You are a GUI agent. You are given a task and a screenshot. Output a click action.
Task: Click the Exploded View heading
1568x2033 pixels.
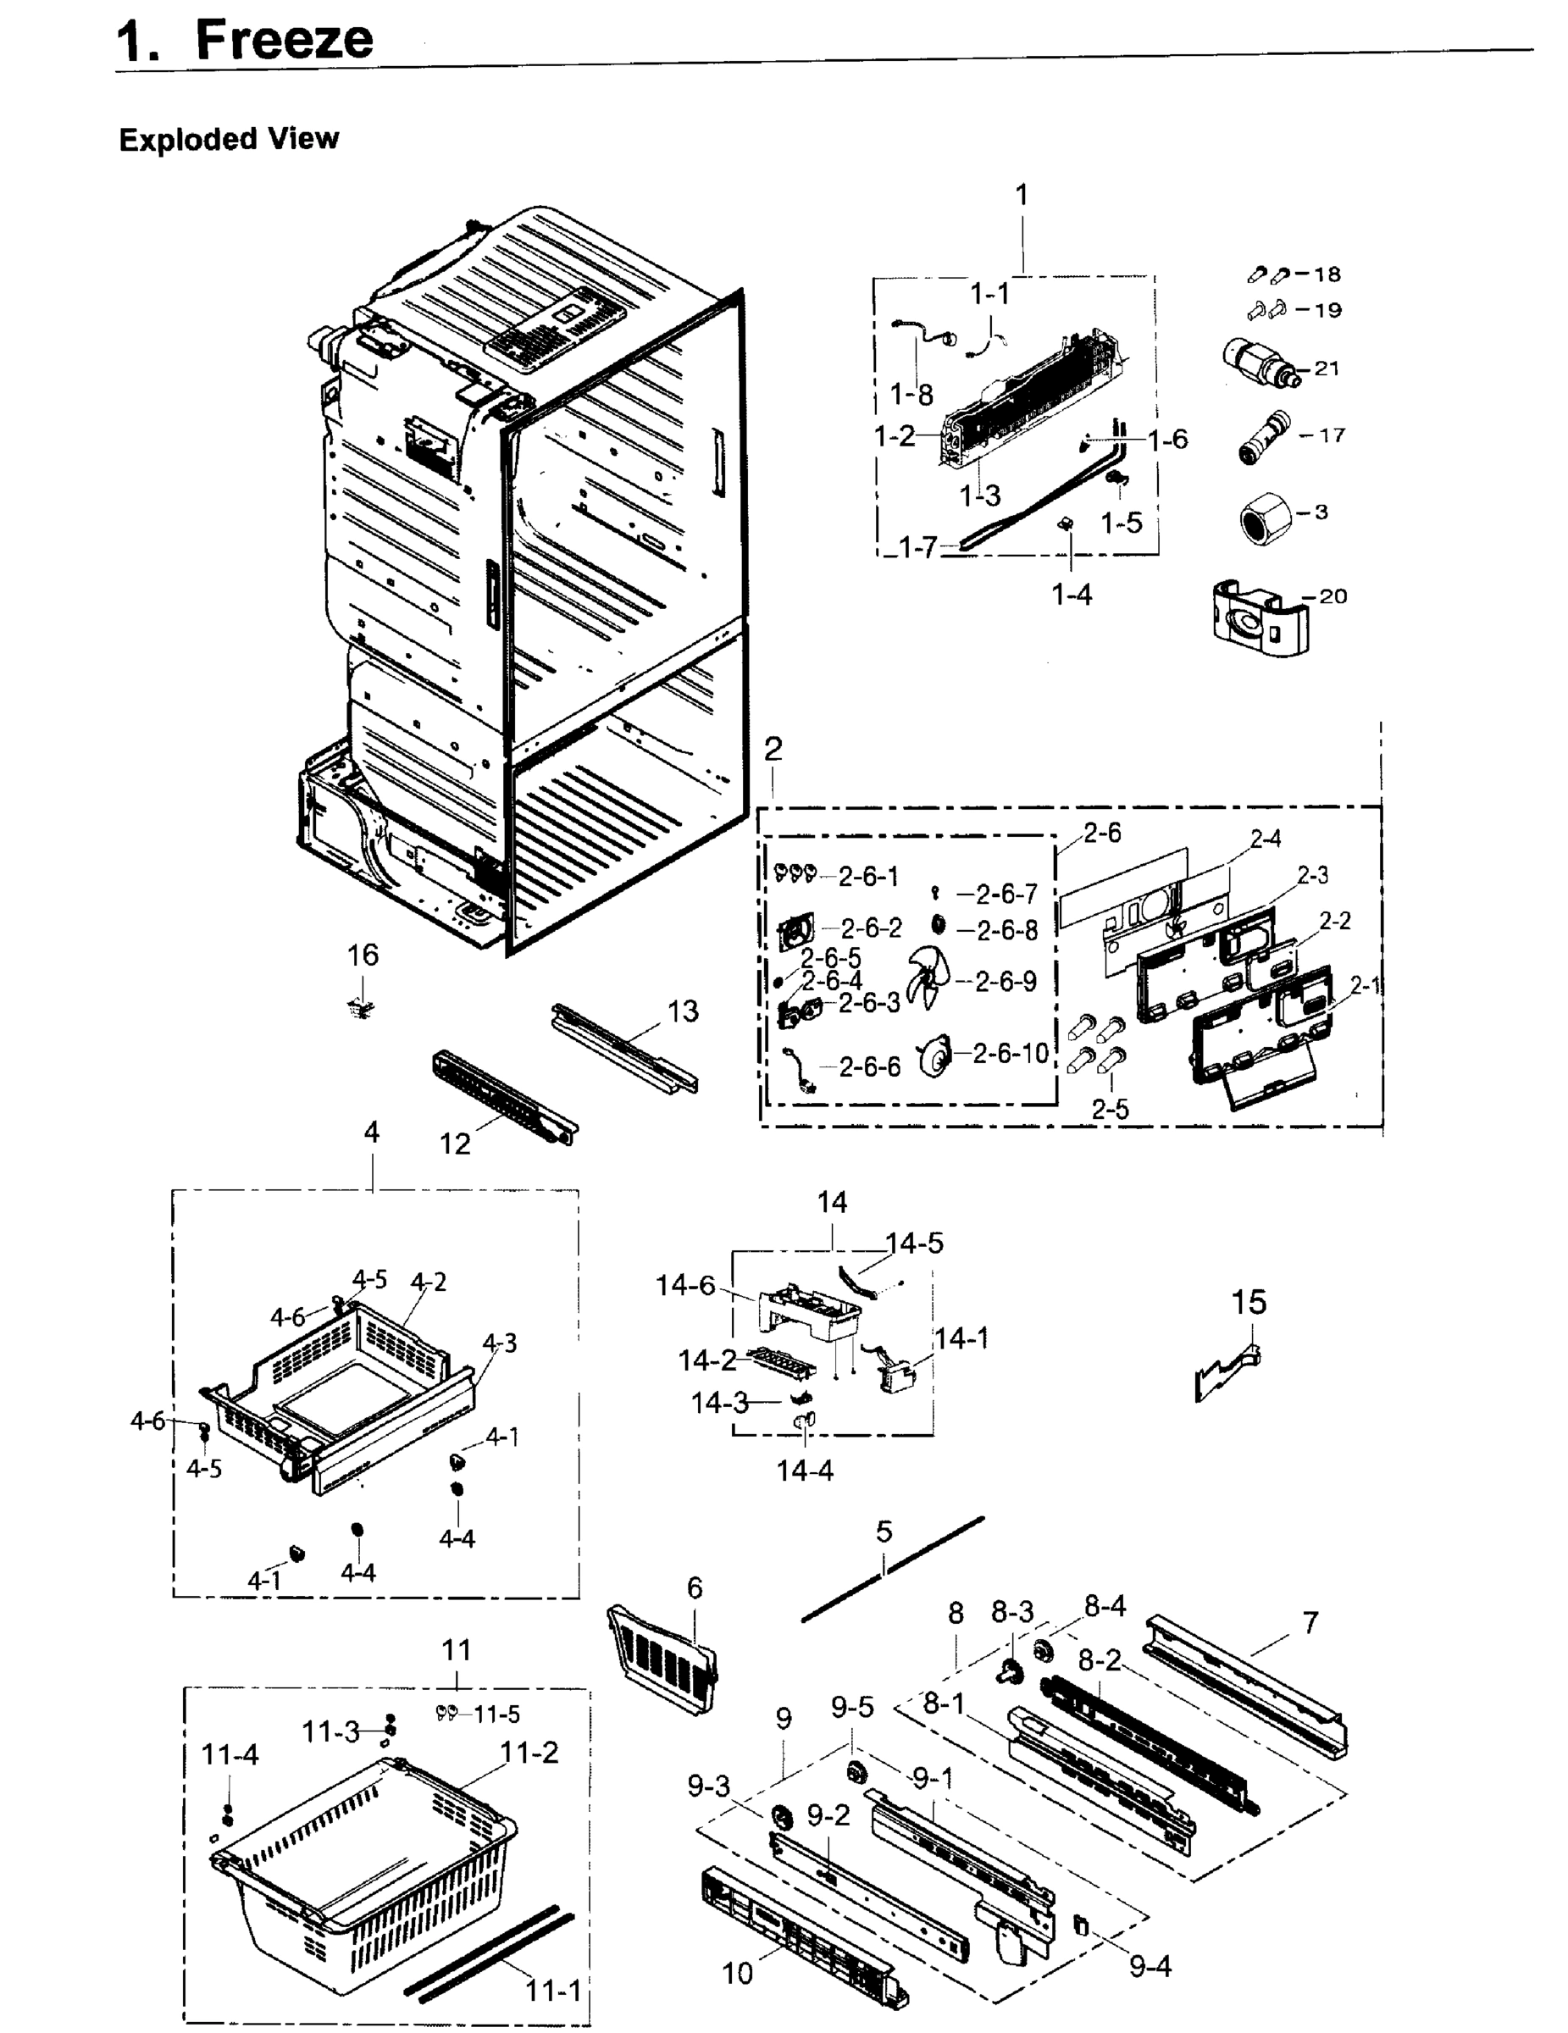(x=229, y=140)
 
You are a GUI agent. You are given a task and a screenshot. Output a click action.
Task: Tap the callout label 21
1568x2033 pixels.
(x=1327, y=368)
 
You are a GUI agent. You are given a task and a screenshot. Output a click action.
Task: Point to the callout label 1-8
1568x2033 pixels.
(x=911, y=395)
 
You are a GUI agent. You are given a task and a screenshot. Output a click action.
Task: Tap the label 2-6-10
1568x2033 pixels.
(x=1011, y=1053)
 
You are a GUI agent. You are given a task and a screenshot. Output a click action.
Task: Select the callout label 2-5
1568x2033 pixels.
(x=1110, y=1109)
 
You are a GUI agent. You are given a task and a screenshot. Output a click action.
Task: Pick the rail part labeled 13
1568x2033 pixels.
(x=623, y=1047)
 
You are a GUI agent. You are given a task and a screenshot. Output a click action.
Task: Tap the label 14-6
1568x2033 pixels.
(x=685, y=1286)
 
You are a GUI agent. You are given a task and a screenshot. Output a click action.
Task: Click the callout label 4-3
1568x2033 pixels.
(x=500, y=1343)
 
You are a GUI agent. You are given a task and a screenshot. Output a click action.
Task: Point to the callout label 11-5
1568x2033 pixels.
(x=496, y=1714)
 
